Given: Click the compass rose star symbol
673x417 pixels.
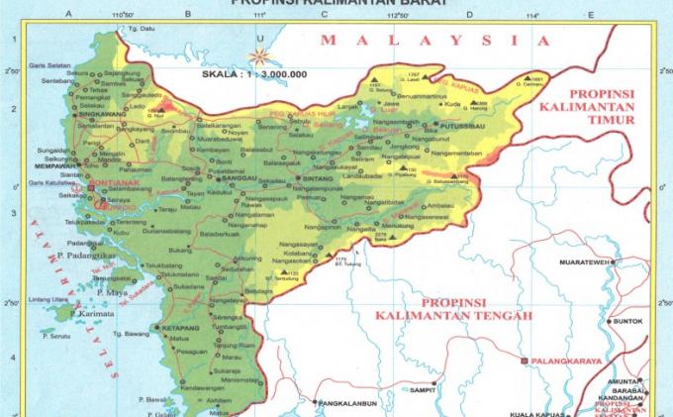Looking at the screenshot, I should (x=259, y=57).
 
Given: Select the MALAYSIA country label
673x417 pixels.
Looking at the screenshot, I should (x=434, y=41).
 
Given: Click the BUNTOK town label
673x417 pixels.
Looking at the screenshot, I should (x=628, y=321).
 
